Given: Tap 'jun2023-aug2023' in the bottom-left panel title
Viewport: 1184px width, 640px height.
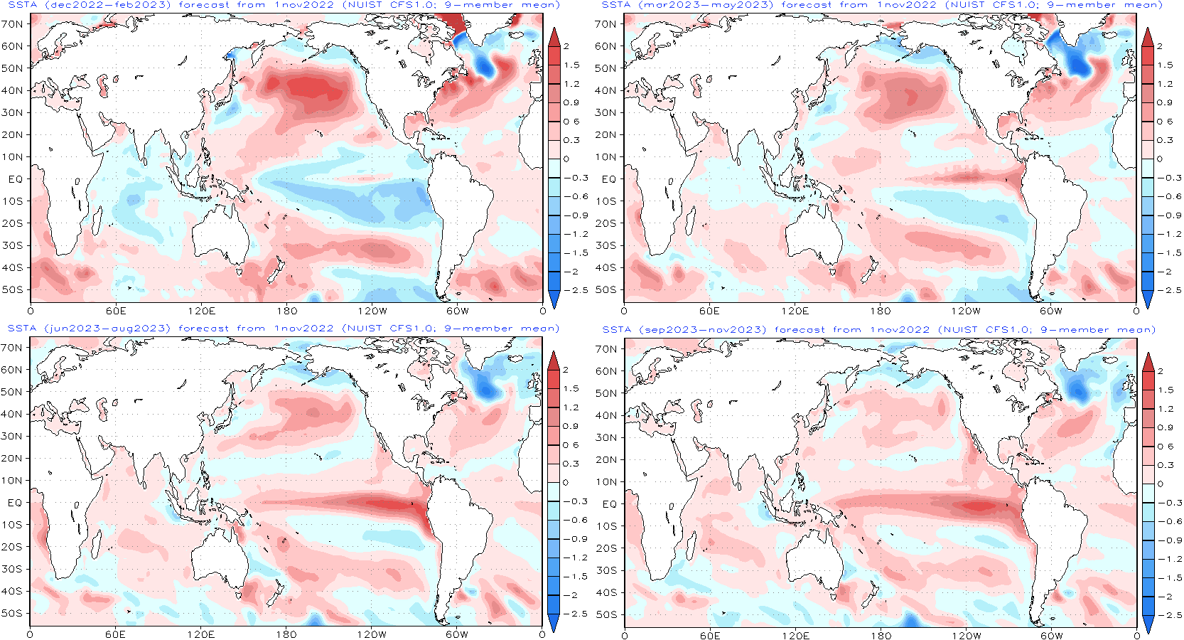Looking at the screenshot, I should click(x=107, y=329).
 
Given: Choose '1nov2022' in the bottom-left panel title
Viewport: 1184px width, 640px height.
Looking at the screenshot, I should click(x=303, y=329).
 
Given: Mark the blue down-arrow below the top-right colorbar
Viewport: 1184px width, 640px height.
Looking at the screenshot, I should click(x=1147, y=299).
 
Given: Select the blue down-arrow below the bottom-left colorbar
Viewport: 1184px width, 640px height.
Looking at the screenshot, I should click(x=554, y=623).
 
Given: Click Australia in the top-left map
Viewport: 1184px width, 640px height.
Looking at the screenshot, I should click(x=217, y=231).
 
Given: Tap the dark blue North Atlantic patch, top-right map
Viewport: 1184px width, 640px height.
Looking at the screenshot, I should click(x=1078, y=64).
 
